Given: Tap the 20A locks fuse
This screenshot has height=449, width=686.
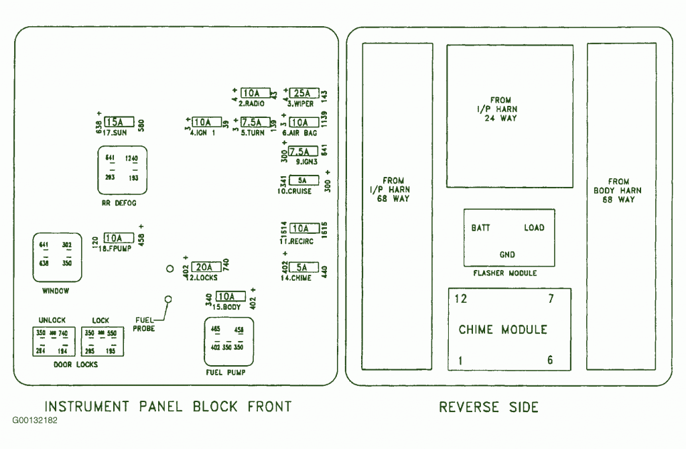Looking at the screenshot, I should (206, 267).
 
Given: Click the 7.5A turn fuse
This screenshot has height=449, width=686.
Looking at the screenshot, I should (254, 122).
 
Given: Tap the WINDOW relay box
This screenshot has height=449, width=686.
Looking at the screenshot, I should (56, 257).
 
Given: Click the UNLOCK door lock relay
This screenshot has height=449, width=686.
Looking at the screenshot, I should (52, 341).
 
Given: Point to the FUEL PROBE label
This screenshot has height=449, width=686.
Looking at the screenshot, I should (144, 324).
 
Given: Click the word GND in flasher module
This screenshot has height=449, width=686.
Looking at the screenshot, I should (508, 255).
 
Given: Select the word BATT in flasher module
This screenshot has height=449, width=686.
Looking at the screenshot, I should (480, 228).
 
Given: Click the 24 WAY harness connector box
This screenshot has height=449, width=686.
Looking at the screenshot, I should (510, 116).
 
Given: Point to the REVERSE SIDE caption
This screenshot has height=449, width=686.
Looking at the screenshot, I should (488, 407).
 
